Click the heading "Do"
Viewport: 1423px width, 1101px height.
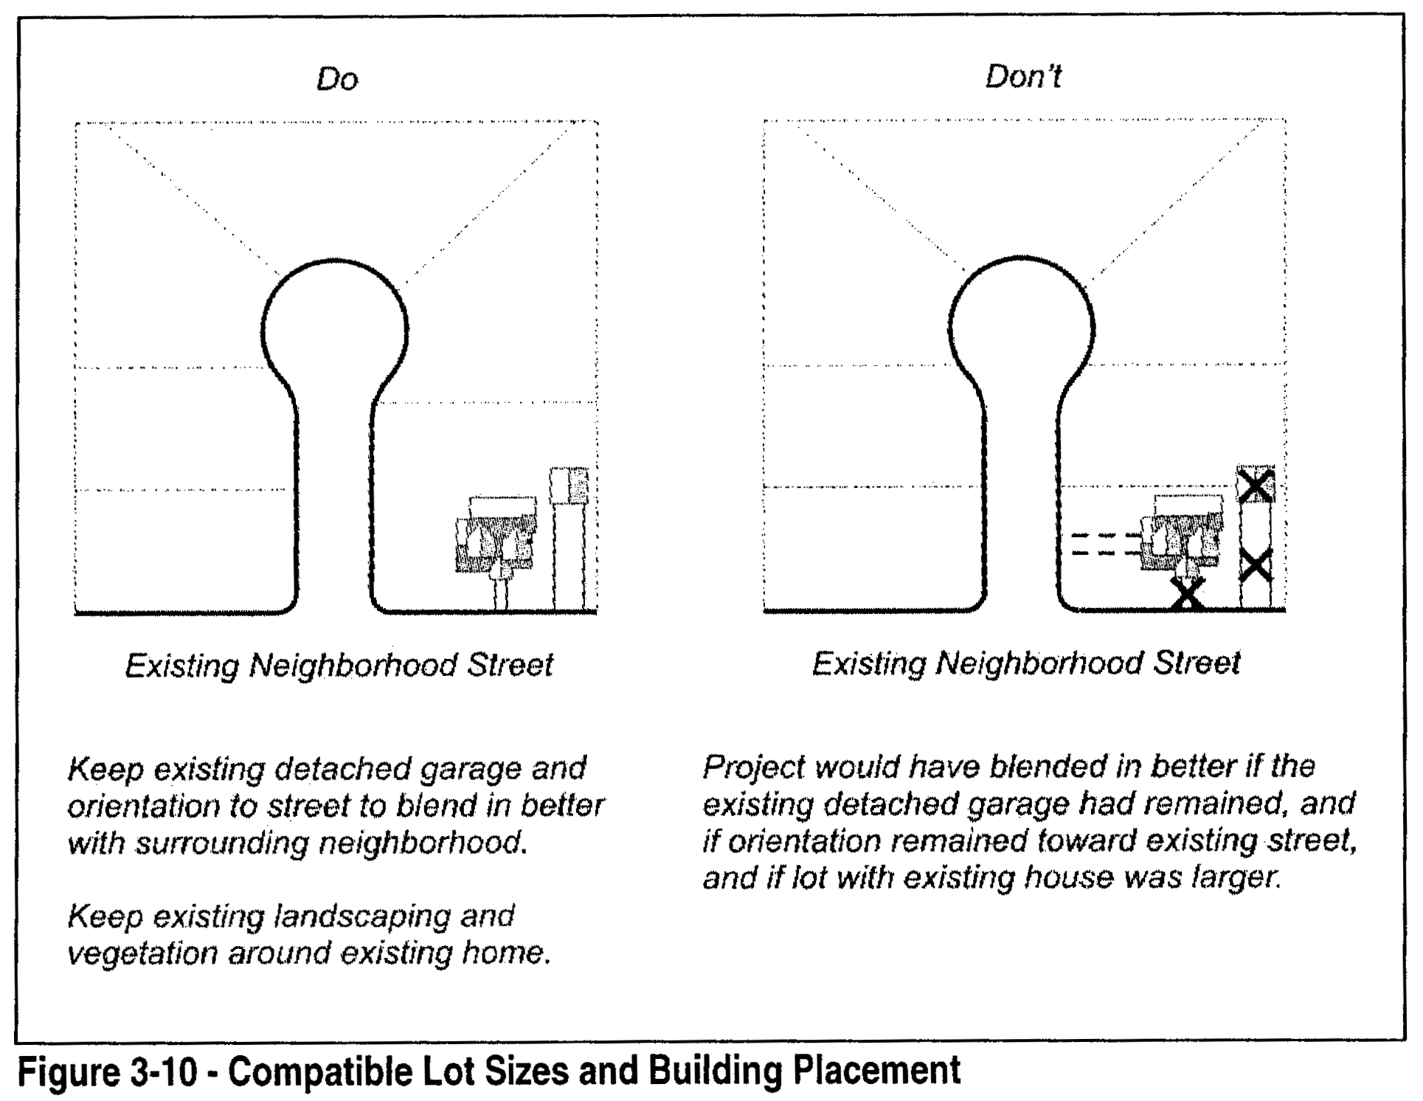click(337, 79)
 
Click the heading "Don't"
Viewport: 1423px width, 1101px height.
click(1023, 77)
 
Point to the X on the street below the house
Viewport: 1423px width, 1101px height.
click(1187, 593)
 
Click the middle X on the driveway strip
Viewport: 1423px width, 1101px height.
click(1256, 566)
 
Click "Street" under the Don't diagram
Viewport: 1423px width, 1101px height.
click(1197, 663)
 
